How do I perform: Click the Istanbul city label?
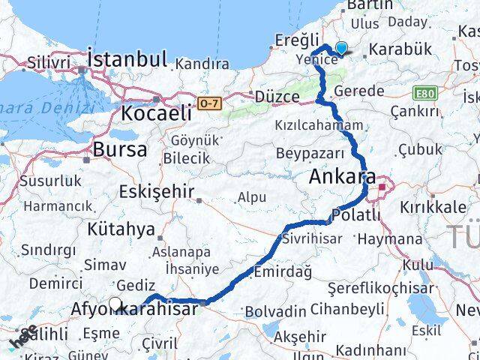click(x=127, y=58)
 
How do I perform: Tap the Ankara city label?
click(x=342, y=178)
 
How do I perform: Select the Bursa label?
click(x=119, y=148)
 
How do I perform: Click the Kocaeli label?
click(x=156, y=114)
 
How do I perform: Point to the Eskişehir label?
click(x=156, y=191)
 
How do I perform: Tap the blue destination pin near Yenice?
click(x=341, y=48)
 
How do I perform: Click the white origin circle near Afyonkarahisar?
click(x=115, y=304)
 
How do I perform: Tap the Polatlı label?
click(x=358, y=215)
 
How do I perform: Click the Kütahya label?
click(x=121, y=229)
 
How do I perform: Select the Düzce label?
click(x=277, y=97)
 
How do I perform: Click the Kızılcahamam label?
click(x=319, y=125)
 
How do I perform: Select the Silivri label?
click(x=48, y=61)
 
